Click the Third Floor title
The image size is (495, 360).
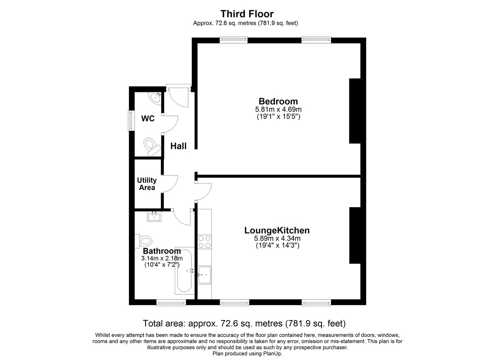pyautogui.click(x=247, y=14)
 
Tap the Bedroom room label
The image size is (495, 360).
pyautogui.click(x=278, y=102)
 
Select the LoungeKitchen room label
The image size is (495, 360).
pyautogui.click(x=277, y=231)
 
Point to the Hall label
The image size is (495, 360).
pyautogui.click(x=178, y=146)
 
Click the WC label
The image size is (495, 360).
pyautogui.click(x=148, y=119)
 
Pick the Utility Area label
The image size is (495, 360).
pyautogui.click(x=147, y=184)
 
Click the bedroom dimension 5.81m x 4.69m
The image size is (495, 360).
pyautogui.click(x=278, y=109)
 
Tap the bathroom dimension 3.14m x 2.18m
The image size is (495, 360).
pyautogui.click(x=162, y=258)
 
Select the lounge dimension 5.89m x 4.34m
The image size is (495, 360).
pyautogui.click(x=277, y=238)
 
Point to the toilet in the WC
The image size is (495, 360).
pyautogui.click(x=152, y=147)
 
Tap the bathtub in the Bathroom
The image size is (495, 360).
pyautogui.click(x=185, y=271)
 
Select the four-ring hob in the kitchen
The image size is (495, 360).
pyautogui.click(x=204, y=242)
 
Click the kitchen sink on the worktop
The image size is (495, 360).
pyautogui.click(x=204, y=275)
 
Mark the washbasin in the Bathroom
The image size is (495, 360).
pyautogui.click(x=154, y=216)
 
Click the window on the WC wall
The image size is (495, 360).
pyautogui.click(x=132, y=121)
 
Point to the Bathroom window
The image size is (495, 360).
pyautogui.click(x=171, y=302)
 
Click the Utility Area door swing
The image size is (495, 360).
pyautogui.click(x=170, y=184)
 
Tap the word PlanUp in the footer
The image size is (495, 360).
pyautogui.click(x=272, y=353)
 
